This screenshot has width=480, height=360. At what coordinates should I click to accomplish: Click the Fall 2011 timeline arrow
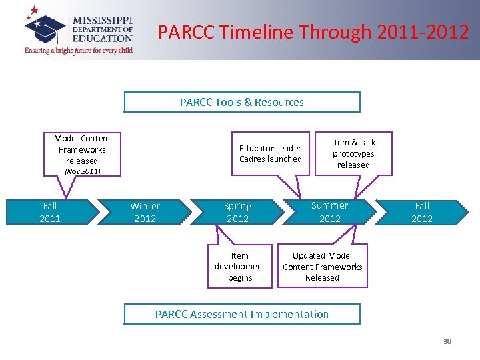pyautogui.click(x=50, y=212)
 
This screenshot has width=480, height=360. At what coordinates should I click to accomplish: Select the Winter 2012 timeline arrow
pyautogui.click(x=145, y=212)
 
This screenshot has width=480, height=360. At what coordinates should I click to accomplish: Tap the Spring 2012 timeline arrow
pyautogui.click(x=237, y=212)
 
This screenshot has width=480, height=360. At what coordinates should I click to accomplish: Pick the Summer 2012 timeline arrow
pyautogui.click(x=329, y=212)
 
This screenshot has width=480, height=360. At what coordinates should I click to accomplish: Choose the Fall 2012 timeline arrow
pyautogui.click(x=422, y=212)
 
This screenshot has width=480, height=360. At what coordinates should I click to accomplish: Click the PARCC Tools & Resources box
pyautogui.click(x=242, y=102)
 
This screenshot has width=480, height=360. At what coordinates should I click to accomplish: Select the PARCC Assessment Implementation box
pyautogui.click(x=242, y=314)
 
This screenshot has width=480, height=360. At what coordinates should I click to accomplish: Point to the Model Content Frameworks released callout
pyautogui.click(x=82, y=150)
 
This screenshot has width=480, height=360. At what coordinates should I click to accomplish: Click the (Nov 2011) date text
pyautogui.click(x=82, y=171)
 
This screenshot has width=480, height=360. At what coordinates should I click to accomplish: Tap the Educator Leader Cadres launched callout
pyautogui.click(x=271, y=154)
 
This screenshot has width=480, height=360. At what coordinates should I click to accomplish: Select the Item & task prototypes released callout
pyautogui.click(x=353, y=153)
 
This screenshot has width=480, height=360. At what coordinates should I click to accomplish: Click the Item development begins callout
pyautogui.click(x=240, y=267)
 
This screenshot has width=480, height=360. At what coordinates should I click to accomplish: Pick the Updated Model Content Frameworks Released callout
pyautogui.click(x=322, y=267)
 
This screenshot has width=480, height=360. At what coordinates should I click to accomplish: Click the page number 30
pyautogui.click(x=447, y=341)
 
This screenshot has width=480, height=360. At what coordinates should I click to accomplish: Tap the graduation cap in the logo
pyautogui.click(x=46, y=28)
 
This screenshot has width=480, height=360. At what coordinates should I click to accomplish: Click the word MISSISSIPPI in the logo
pyautogui.click(x=102, y=20)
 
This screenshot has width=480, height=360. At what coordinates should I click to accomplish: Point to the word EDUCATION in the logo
pyautogui.click(x=102, y=39)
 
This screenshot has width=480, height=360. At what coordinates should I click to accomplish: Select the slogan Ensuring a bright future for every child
pyautogui.click(x=79, y=51)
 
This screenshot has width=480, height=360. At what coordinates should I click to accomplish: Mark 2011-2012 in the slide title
pyautogui.click(x=423, y=31)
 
